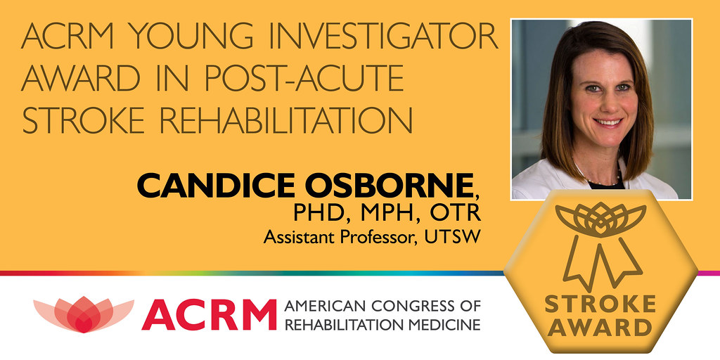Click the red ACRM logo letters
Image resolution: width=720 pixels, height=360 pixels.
[x=209, y=314]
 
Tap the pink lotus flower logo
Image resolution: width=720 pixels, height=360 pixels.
[x=83, y=314]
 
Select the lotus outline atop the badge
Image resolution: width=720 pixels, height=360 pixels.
[x=600, y=219]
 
